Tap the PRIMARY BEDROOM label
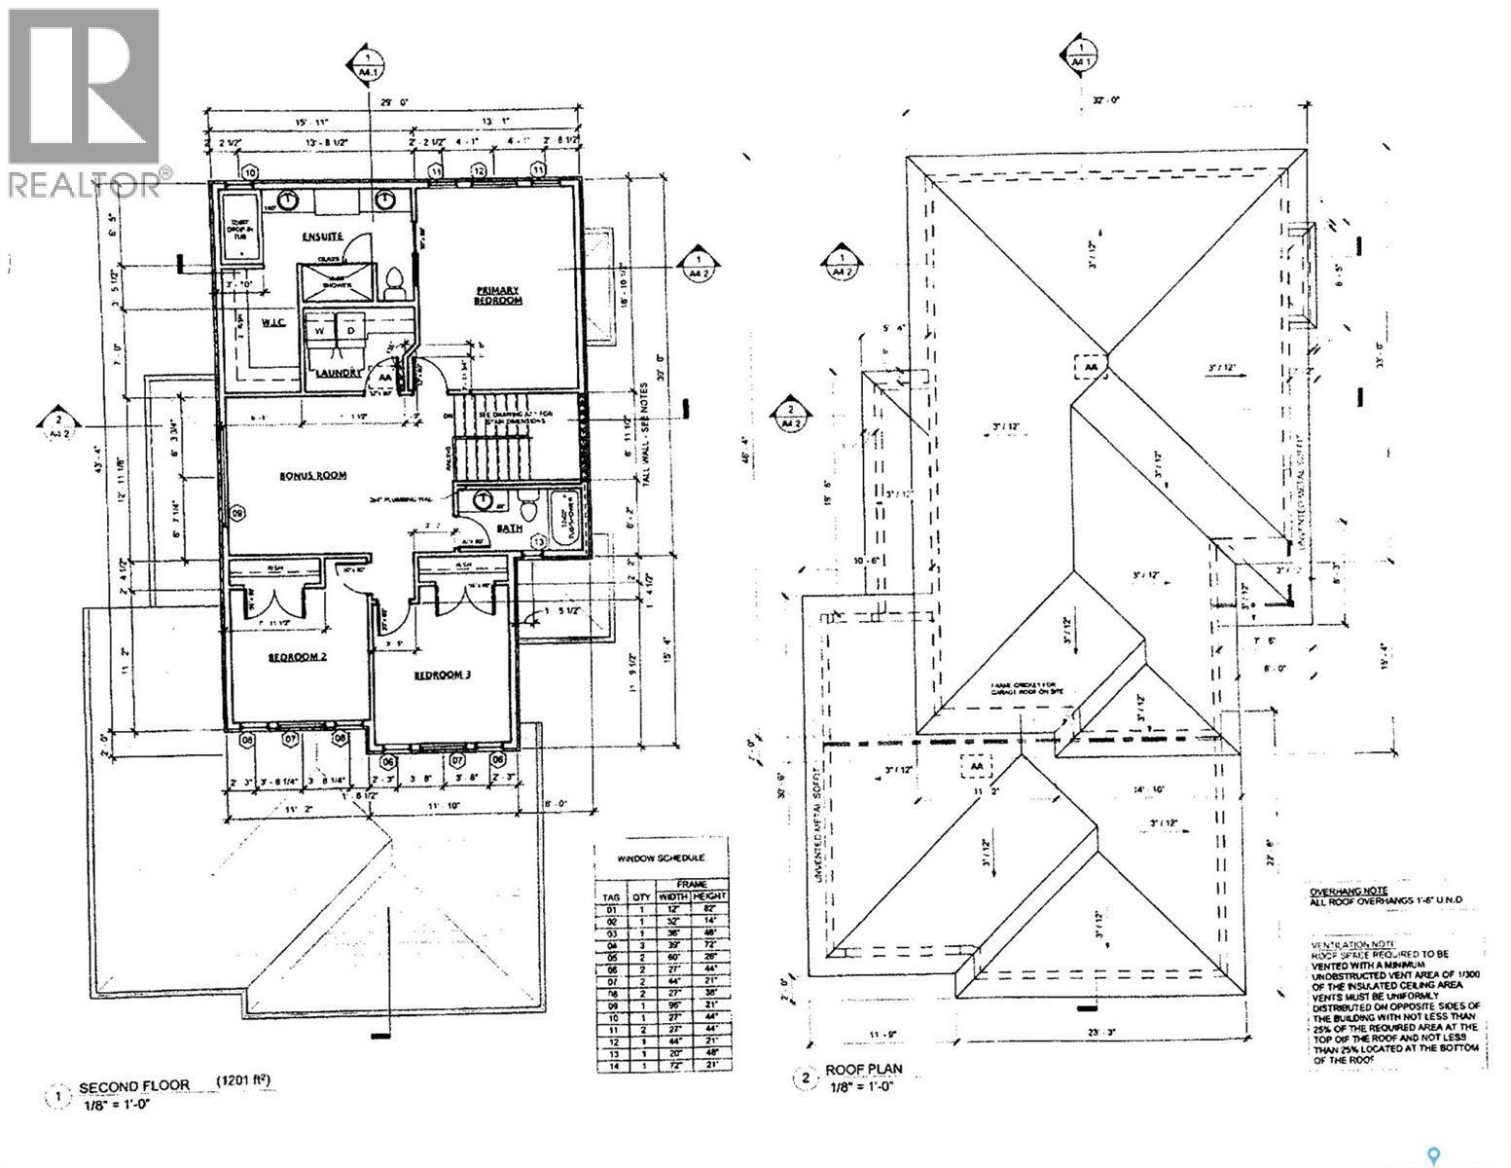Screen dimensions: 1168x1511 (x=497, y=296)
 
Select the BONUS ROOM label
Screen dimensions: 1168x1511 (x=313, y=475)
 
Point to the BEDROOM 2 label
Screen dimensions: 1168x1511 (x=297, y=657)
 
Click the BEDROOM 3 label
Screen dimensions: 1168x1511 (x=443, y=675)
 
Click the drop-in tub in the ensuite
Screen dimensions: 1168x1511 (x=236, y=226)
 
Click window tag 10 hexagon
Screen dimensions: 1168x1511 (x=251, y=173)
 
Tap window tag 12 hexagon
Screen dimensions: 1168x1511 (x=479, y=171)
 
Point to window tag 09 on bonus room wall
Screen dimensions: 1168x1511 (x=236, y=513)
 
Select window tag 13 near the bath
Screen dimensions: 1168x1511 (x=539, y=540)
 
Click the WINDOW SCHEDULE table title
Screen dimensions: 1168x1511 (x=662, y=858)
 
